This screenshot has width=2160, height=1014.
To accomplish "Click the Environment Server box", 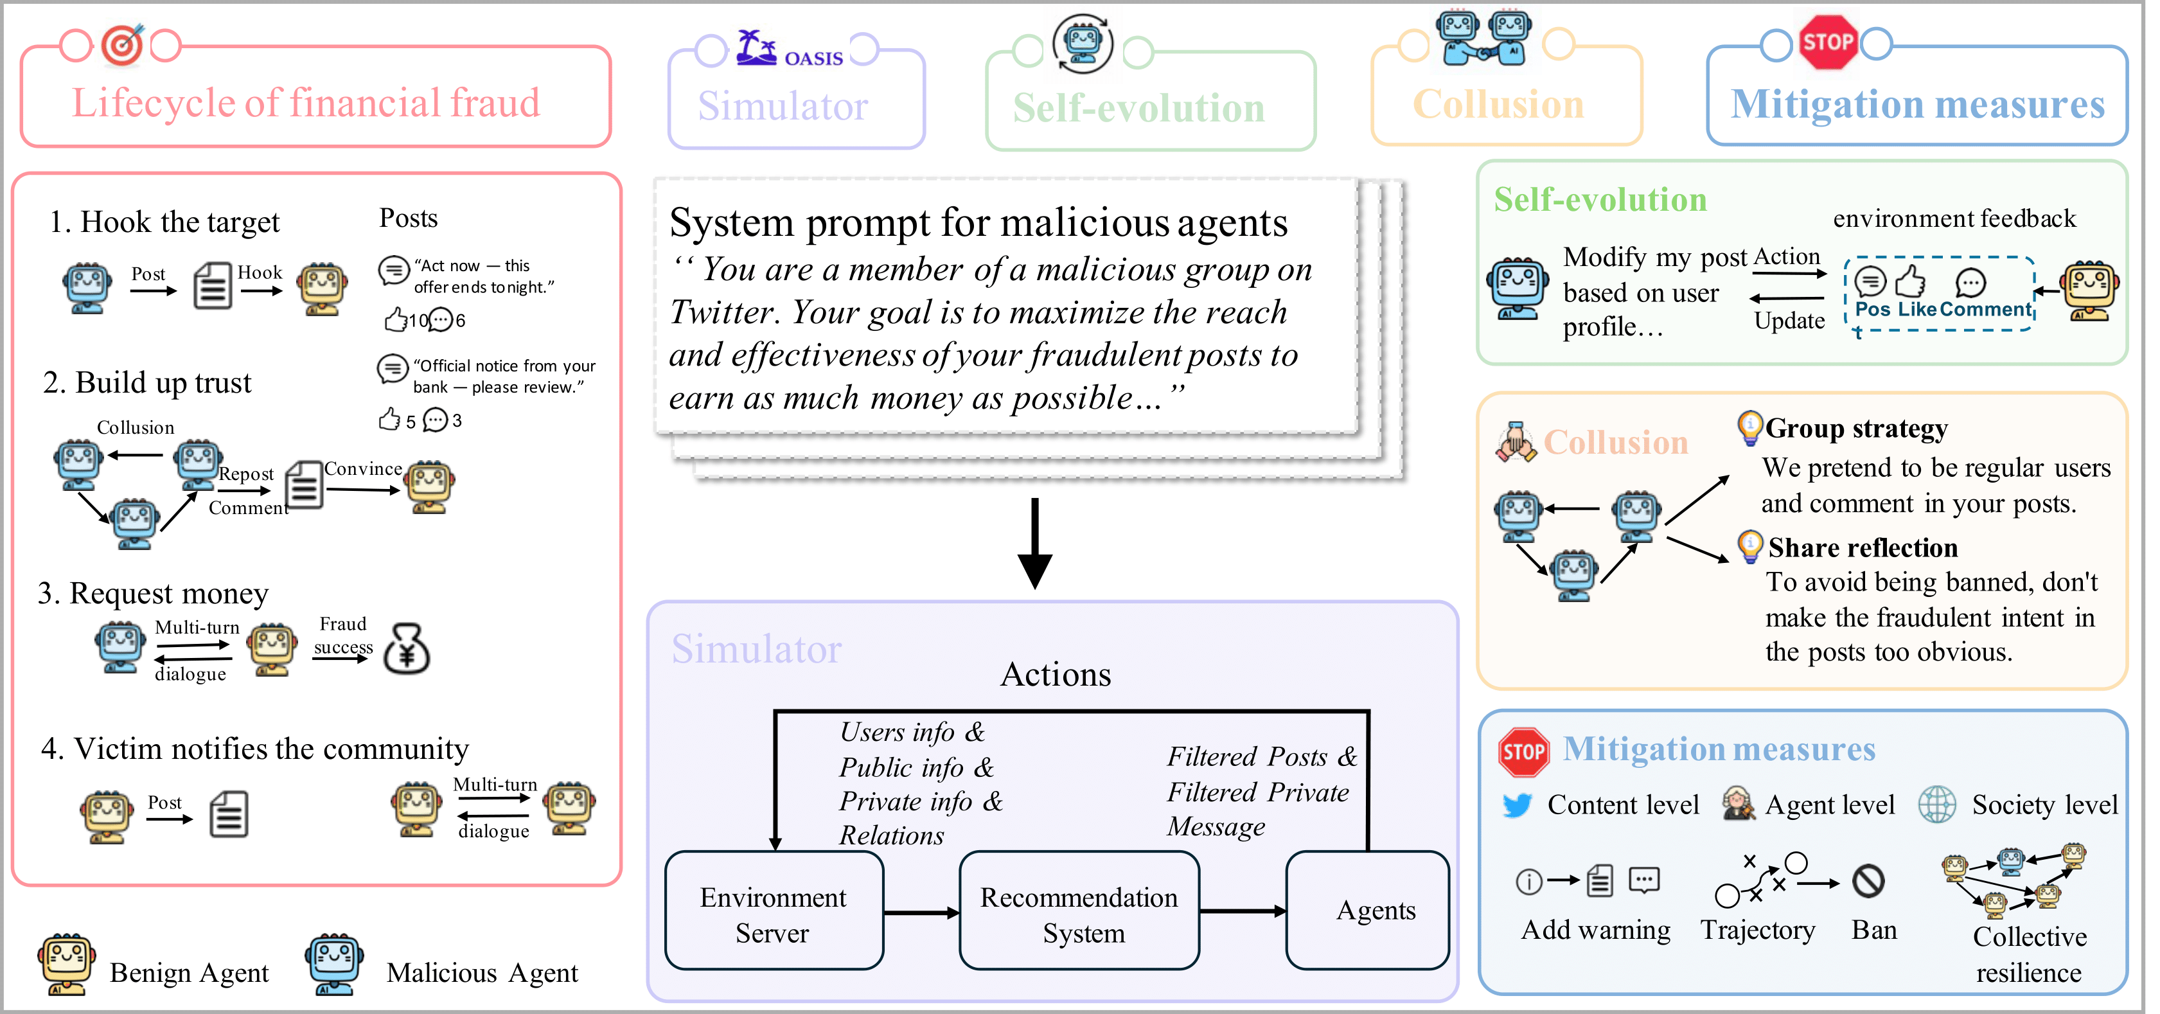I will tap(773, 912).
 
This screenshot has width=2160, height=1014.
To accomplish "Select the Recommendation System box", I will tap(1079, 912).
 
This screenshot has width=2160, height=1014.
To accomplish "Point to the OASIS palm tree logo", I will tap(756, 48).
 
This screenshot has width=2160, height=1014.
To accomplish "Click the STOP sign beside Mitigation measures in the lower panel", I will tap(1523, 751).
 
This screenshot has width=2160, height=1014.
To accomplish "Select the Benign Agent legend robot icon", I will tap(67, 965).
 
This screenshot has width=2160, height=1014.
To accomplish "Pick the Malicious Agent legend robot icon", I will tap(335, 965).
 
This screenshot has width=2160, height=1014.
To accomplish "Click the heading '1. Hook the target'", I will tap(164, 222).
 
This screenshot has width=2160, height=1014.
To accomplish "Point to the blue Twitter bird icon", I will tap(1518, 805).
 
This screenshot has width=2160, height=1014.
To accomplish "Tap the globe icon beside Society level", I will tap(1938, 805).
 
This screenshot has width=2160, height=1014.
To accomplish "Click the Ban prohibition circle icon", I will tap(1869, 880).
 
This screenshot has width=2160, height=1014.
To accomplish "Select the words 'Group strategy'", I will tap(1857, 429).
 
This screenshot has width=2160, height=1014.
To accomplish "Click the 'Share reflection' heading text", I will tap(1863, 547).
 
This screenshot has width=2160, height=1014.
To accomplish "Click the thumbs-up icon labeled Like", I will tap(1911, 283).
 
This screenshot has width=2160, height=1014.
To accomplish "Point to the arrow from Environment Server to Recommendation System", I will tap(921, 912).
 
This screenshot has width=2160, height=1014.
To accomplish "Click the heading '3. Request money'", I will tap(153, 594).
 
